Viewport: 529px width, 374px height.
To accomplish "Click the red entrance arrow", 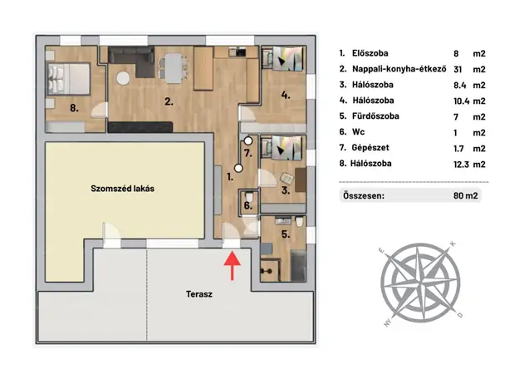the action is pyautogui.click(x=233, y=265).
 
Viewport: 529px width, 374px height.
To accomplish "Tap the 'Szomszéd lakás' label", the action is pyautogui.click(x=122, y=189).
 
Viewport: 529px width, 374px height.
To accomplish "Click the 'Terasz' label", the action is pyautogui.click(x=199, y=294).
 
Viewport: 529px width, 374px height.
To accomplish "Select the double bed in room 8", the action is pyautogui.click(x=69, y=79).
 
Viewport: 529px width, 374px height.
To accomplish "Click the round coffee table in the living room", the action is pyautogui.click(x=123, y=78).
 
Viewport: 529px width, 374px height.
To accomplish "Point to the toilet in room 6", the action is pyautogui.click(x=249, y=196).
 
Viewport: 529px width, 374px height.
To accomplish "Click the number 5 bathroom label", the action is pyautogui.click(x=286, y=234).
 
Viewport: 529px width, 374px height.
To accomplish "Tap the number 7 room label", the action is pyautogui.click(x=248, y=153).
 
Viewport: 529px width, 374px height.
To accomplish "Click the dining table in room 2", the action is pyautogui.click(x=173, y=68).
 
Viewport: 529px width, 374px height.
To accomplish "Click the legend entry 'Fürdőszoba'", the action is pyautogui.click(x=375, y=116).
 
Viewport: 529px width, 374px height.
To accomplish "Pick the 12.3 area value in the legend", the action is pyautogui.click(x=461, y=165).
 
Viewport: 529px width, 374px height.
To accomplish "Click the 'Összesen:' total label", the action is pyautogui.click(x=364, y=196).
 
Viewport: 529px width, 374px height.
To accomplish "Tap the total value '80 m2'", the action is pyautogui.click(x=466, y=196).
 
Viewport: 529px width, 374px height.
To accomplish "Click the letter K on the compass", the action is pyautogui.click(x=453, y=244).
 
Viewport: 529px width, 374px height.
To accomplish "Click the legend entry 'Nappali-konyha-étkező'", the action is pyautogui.click(x=399, y=69).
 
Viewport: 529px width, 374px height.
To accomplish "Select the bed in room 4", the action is pyautogui.click(x=287, y=58).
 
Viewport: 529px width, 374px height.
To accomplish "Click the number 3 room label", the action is pyautogui.click(x=286, y=190).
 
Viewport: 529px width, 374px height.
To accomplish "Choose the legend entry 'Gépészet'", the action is pyautogui.click(x=370, y=148).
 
